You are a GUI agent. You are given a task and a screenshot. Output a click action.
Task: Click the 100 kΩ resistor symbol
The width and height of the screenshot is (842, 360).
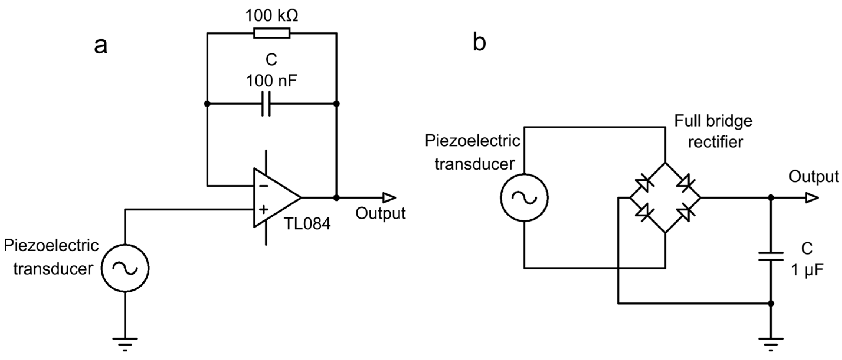pyautogui.click(x=271, y=33)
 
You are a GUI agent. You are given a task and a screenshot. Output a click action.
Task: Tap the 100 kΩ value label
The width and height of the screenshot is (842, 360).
pyautogui.click(x=271, y=15)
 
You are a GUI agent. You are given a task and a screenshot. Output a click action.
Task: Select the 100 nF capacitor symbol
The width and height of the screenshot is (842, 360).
pyautogui.click(x=266, y=104)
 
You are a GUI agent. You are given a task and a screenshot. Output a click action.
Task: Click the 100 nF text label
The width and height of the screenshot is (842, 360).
pyautogui.click(x=271, y=81)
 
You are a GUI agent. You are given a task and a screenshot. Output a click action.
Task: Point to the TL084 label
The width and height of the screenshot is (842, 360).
pyautogui.click(x=307, y=224)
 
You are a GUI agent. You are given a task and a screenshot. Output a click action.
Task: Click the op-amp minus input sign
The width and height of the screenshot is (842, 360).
pyautogui.click(x=263, y=186)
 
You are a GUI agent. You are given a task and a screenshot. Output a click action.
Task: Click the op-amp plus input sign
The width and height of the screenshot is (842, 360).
pyautogui.click(x=263, y=209)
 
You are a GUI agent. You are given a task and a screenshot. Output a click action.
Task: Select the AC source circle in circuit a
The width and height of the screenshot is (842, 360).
pyautogui.click(x=125, y=268)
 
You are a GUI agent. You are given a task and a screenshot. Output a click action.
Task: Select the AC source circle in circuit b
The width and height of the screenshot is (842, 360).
pyautogui.click(x=524, y=197)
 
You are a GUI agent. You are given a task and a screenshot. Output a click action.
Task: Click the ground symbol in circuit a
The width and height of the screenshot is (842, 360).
pyautogui.click(x=125, y=343)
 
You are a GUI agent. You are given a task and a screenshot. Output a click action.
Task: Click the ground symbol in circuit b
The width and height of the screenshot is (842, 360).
pyautogui.click(x=771, y=343)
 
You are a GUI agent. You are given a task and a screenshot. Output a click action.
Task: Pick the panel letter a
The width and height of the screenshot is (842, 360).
pyautogui.click(x=100, y=46)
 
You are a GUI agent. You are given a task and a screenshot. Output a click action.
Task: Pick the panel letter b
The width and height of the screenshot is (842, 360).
pyautogui.click(x=479, y=43)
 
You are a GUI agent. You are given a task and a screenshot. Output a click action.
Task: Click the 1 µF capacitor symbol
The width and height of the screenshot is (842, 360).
pyautogui.click(x=771, y=256)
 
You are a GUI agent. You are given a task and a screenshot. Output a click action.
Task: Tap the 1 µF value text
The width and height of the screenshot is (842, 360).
pyautogui.click(x=807, y=270)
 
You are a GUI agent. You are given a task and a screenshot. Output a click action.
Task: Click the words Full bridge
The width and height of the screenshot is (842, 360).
pyautogui.click(x=713, y=121)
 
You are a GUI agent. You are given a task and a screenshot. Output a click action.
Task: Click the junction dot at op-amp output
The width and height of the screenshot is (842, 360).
pyautogui.click(x=336, y=197)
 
